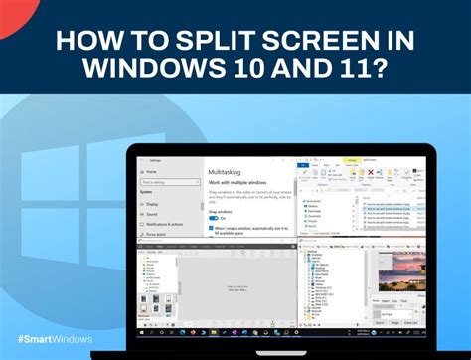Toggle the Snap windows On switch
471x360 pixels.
[212, 219]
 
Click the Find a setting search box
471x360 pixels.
[166, 182]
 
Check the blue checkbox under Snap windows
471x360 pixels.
[211, 229]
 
